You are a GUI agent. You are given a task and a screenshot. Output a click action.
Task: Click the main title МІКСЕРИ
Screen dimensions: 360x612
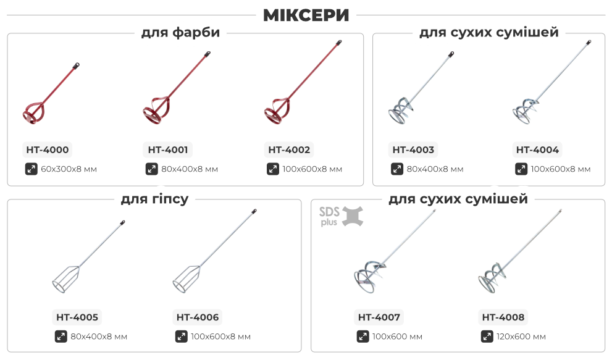306,15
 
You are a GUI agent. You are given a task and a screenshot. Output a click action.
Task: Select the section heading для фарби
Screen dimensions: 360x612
180,33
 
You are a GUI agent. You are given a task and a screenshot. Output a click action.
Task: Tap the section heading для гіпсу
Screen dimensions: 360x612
154,198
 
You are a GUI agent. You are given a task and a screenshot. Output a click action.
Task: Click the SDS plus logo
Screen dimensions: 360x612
340,216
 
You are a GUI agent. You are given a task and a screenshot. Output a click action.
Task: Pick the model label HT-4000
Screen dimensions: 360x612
48,149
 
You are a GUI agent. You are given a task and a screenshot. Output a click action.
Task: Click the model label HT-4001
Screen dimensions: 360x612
169,149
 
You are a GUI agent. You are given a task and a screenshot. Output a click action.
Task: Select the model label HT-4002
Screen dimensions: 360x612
290,149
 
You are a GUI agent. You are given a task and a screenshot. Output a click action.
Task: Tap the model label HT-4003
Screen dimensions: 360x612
413,149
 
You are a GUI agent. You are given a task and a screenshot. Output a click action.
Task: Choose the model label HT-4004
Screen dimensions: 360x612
537,149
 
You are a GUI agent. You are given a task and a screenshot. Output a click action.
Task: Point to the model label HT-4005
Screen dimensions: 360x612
77,317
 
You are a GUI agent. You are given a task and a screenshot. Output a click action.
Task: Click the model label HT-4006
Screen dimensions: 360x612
198,317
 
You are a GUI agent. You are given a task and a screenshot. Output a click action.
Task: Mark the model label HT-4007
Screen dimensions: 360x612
379,317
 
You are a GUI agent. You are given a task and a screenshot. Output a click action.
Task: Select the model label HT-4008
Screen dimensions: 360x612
503,317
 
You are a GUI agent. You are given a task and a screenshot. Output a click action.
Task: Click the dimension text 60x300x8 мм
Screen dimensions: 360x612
69,169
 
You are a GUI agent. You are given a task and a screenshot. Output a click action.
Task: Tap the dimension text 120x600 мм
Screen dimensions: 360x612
521,337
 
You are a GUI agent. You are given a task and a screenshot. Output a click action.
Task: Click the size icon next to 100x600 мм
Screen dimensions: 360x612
363,337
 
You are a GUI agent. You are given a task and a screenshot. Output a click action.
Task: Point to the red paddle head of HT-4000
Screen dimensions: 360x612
34,111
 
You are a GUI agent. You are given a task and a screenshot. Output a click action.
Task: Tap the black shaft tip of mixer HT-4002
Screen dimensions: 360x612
339,43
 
